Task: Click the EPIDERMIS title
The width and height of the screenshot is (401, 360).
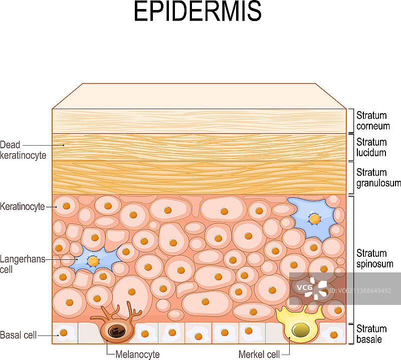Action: [197, 12]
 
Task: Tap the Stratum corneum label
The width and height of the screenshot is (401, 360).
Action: [372, 121]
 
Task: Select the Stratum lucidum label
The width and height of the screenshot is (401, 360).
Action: [372, 147]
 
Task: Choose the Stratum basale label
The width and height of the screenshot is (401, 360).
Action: [371, 334]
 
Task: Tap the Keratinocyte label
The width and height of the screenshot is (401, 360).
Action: [23, 206]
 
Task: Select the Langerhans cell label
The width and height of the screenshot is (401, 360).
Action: [23, 264]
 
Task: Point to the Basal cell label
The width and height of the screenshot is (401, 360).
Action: [19, 335]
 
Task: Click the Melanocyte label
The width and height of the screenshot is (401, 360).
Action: [137, 354]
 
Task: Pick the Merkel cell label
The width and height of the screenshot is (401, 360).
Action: [259, 354]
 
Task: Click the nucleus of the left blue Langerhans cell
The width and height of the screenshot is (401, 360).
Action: [93, 261]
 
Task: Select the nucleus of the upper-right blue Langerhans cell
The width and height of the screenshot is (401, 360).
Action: [314, 219]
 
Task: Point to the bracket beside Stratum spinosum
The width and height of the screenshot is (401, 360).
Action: [353, 259]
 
